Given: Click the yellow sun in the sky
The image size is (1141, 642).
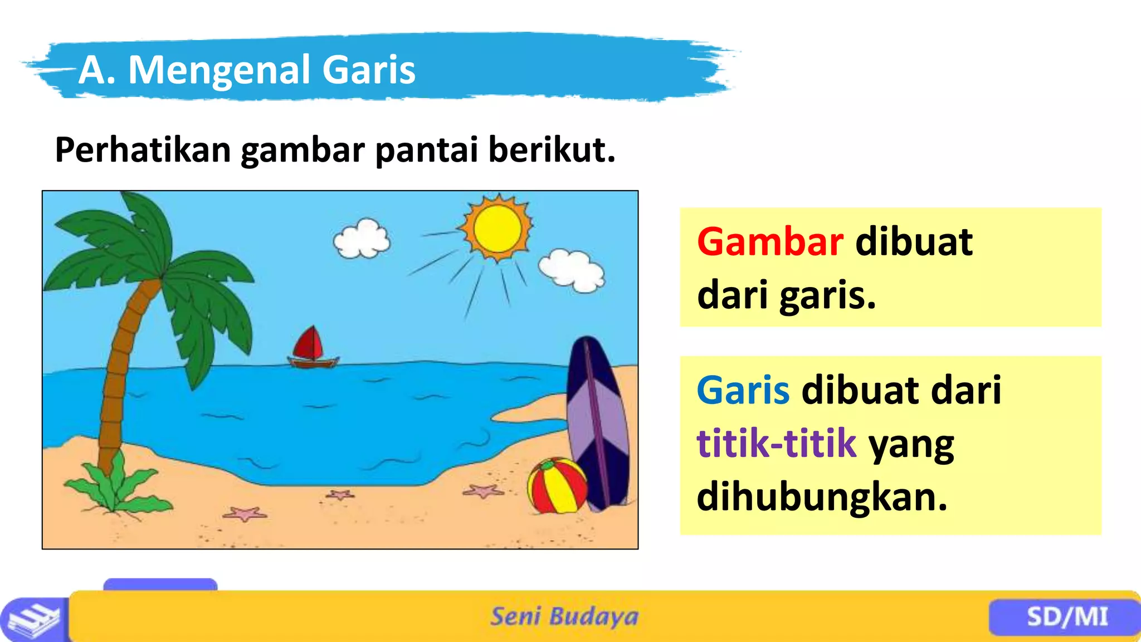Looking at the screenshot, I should (x=497, y=228).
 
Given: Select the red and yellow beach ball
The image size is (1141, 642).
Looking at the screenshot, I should (x=557, y=485).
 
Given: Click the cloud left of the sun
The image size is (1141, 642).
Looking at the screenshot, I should (x=362, y=239).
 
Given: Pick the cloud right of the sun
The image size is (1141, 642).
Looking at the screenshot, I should (x=572, y=271).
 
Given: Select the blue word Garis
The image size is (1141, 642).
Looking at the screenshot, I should (x=743, y=390).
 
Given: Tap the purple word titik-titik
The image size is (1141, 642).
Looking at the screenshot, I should (x=776, y=443).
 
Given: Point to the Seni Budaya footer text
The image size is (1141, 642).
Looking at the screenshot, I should (x=564, y=616).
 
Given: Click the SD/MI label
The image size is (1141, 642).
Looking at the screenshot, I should (x=1067, y=617).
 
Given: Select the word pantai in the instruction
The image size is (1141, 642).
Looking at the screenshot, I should (x=427, y=150).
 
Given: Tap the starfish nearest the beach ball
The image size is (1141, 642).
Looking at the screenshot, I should (x=482, y=492).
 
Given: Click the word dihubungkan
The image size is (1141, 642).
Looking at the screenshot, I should (x=822, y=497).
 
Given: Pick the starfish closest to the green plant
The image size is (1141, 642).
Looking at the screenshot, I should (x=245, y=514).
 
